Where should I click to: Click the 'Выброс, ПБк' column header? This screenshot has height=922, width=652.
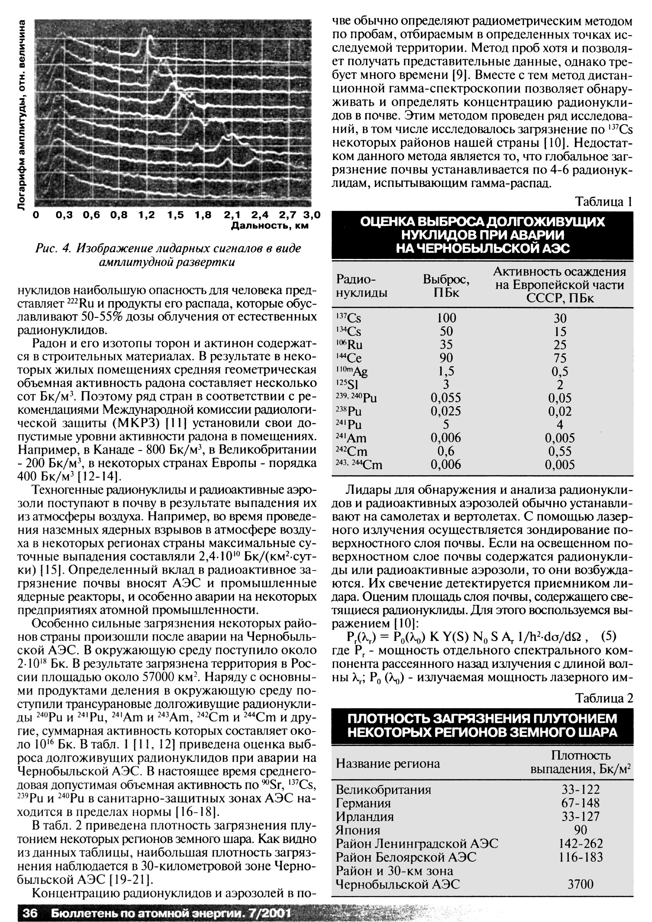point(446,286)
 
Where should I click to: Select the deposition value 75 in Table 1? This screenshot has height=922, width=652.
point(560,358)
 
